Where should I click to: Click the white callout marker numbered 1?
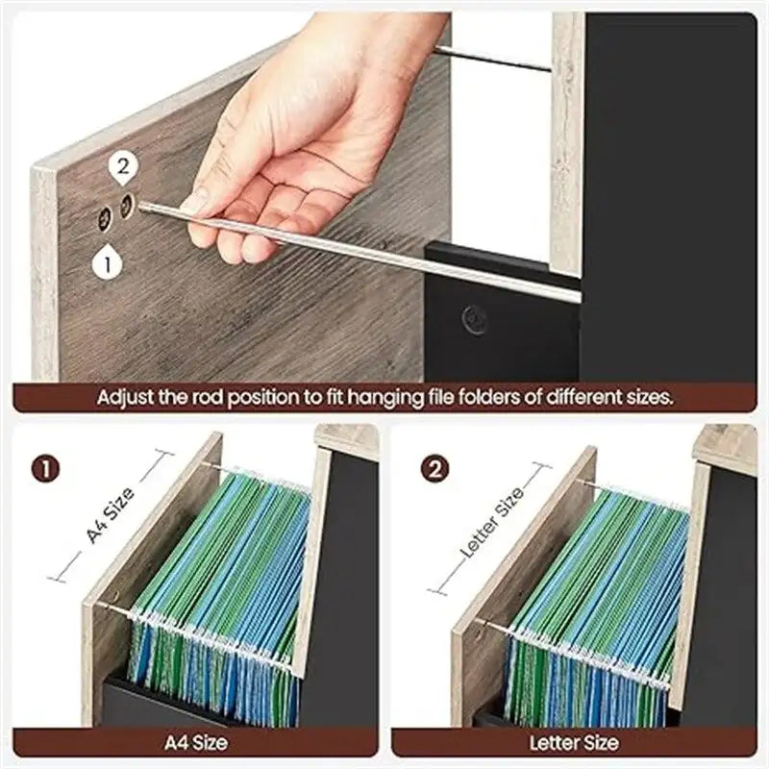109,261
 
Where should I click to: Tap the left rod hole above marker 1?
105,219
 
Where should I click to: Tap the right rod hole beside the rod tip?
127,205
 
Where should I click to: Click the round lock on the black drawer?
473,319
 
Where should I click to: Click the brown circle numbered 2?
434,470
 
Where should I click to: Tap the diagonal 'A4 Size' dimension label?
111,515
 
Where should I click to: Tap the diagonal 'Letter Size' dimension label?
492,524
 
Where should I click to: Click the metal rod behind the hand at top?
490,59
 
